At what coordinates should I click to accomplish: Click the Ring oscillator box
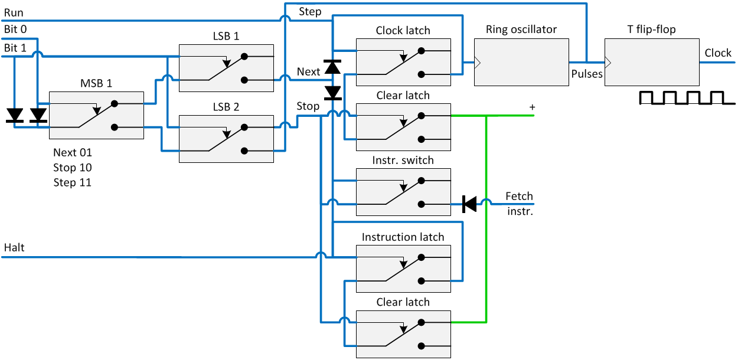(x=521, y=63)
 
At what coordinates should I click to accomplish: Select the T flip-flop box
(x=651, y=63)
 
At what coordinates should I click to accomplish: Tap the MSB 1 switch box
(x=96, y=115)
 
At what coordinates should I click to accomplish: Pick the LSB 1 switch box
(x=226, y=68)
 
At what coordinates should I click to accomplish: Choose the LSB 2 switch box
(x=226, y=139)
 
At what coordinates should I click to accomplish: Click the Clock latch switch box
(x=403, y=63)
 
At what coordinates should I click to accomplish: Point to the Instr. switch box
(x=403, y=192)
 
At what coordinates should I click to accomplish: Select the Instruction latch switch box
(x=403, y=269)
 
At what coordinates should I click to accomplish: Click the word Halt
(x=14, y=248)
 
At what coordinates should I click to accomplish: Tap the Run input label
(x=13, y=12)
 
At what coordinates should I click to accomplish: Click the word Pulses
(x=587, y=74)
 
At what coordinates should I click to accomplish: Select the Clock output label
(x=718, y=53)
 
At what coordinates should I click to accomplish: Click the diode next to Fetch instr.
(x=469, y=204)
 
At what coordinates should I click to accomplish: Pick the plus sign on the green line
(x=532, y=107)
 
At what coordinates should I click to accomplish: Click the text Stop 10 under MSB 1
(x=72, y=168)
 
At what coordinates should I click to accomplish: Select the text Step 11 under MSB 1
(x=72, y=182)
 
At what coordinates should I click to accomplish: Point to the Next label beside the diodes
(x=308, y=72)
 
